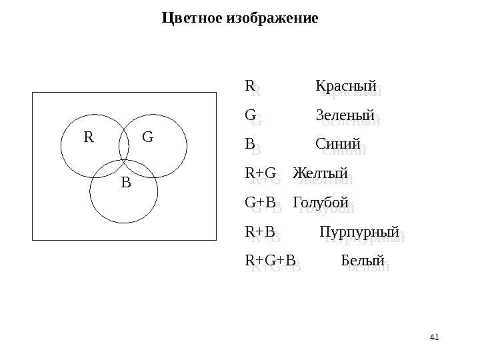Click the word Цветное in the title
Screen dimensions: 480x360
[193, 17]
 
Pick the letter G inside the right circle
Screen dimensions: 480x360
[148, 137]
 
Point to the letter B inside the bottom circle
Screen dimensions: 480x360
[125, 181]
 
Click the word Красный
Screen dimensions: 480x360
[345, 87]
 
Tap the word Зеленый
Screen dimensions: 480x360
[345, 115]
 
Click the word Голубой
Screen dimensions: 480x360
[321, 201]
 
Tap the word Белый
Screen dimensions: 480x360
[363, 259]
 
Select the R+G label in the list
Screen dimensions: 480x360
[260, 173]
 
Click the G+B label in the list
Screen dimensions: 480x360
[260, 201]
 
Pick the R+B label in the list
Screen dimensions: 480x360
[260, 231]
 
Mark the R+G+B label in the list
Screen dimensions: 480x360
[269, 259]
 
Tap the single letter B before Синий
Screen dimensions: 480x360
[250, 144]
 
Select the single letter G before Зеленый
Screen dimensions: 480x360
[251, 115]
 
